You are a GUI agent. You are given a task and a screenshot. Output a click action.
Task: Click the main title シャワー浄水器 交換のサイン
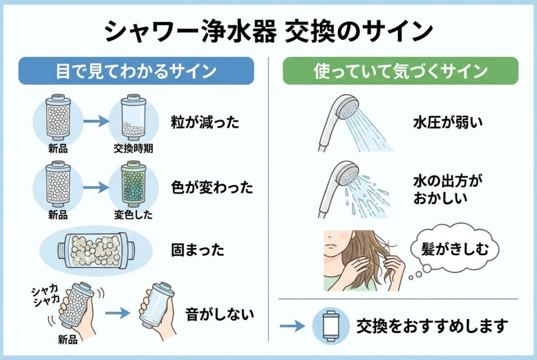click(x=268, y=32)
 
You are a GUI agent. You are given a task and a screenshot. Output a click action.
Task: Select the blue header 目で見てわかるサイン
click(x=136, y=71)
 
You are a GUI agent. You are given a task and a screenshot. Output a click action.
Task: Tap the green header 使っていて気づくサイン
click(x=401, y=71)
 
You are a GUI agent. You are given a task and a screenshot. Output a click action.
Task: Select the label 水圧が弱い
click(x=447, y=123)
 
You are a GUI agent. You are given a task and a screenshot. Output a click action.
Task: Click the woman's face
click(x=338, y=246)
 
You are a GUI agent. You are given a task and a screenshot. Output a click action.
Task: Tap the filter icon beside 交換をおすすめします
click(x=328, y=325)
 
